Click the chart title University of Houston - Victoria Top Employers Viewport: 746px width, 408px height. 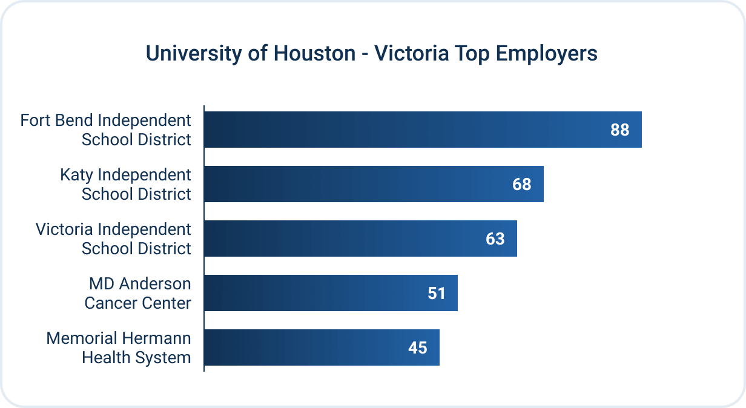(x=371, y=53)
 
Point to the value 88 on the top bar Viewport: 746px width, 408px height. (x=619, y=130)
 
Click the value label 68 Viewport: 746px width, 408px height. (x=521, y=184)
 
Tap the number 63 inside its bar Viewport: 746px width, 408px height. (x=495, y=239)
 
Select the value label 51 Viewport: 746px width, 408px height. (x=436, y=293)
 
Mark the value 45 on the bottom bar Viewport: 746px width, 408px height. (x=417, y=347)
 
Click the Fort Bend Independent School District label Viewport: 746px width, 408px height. (x=106, y=130)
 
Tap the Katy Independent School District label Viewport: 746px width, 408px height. (x=125, y=184)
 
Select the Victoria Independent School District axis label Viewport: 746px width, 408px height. (x=113, y=239)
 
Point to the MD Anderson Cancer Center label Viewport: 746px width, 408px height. (x=139, y=293)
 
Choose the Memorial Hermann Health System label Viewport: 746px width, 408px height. (x=119, y=347)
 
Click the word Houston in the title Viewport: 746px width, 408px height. (x=314, y=53)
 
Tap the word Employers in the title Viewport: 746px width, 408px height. (x=546, y=53)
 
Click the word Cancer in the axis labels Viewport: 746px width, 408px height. (x=108, y=303)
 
